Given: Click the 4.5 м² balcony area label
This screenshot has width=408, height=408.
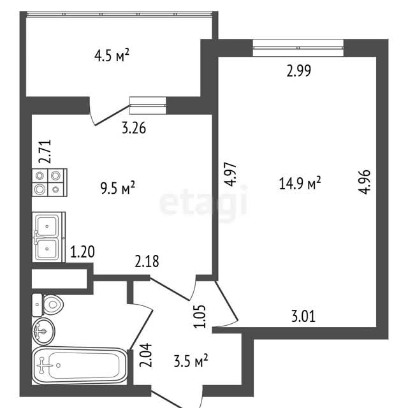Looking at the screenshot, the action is [112, 55].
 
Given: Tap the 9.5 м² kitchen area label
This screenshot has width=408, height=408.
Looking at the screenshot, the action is [118, 188].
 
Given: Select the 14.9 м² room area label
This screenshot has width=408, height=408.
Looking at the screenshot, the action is [300, 183].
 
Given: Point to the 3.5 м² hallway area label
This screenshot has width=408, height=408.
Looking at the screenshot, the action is [191, 361].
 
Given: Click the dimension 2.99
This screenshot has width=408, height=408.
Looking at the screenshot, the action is [299, 71].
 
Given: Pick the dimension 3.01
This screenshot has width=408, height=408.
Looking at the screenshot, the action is [303, 316].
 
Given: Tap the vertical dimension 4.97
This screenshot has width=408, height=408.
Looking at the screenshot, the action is [231, 175].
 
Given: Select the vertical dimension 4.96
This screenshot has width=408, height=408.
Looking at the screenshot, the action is [364, 182].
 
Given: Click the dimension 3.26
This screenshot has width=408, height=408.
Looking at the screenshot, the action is [134, 128].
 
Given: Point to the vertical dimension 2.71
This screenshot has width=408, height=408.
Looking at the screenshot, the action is [45, 152].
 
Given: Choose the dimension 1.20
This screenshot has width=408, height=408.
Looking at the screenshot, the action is [82, 252].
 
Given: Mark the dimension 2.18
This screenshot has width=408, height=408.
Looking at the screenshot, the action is [147, 261].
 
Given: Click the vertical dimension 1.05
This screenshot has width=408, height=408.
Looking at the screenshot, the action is [200, 316].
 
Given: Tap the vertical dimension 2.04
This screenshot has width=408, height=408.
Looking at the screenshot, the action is [145, 355].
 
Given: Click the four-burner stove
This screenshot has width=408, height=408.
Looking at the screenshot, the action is [50, 182].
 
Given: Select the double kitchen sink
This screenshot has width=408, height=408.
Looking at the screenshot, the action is [48, 237].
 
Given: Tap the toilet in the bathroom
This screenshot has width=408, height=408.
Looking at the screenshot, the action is [48, 305].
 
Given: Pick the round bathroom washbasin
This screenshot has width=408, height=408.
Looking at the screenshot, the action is [43, 331].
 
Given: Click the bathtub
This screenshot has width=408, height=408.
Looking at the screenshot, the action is [80, 366].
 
